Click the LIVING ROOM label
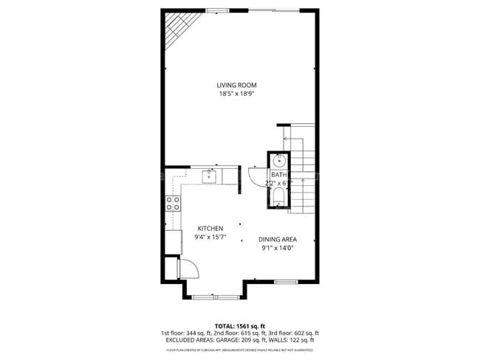236,85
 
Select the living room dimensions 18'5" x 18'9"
236,94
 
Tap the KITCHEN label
209,229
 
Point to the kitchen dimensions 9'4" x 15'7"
209,238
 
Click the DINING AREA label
277,240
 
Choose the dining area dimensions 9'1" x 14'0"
277,249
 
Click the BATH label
279,175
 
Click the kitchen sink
210,176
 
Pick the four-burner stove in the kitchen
174,204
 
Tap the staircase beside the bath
306,177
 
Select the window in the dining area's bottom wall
285,281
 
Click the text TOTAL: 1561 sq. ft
240,326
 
